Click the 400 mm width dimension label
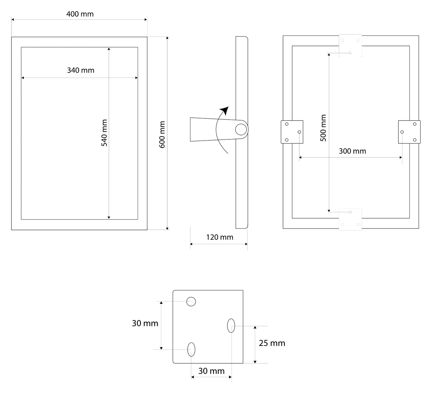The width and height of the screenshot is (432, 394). tap(80, 14)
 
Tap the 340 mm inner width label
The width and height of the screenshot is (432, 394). tap(81, 70)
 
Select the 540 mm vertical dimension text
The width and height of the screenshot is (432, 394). tap(104, 133)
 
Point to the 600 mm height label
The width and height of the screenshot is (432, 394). tap(162, 134)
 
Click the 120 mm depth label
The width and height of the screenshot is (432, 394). tap(220, 237)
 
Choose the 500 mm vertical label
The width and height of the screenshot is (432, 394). tap(323, 128)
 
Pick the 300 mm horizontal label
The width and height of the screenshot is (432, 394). tap(352, 151)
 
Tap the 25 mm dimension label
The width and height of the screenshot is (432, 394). tap(272, 343)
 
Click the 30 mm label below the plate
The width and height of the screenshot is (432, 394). tap(211, 371)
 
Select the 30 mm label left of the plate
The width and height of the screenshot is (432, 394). tap(145, 323)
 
